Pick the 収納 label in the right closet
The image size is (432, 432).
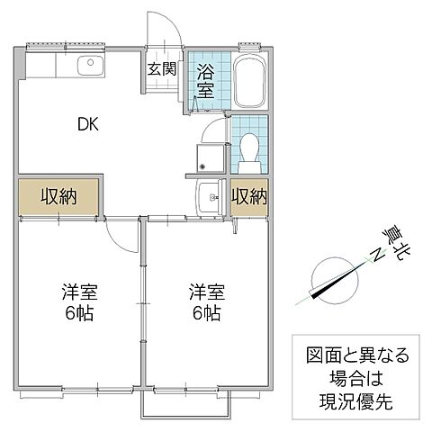point(248,196)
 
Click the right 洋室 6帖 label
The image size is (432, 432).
point(207,303)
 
